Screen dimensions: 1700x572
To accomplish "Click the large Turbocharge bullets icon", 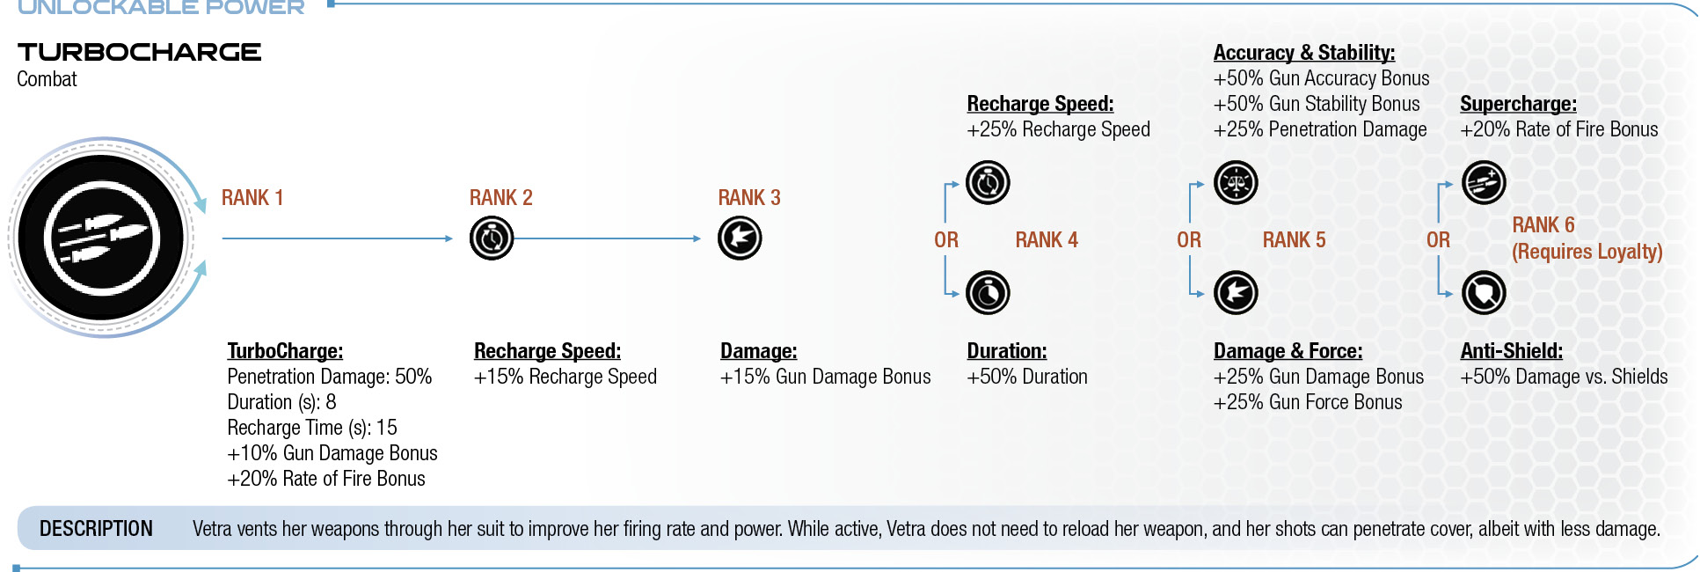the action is coord(101,238).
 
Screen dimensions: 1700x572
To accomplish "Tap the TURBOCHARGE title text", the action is coord(139,52).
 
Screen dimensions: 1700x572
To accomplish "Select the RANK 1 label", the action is coord(252,198).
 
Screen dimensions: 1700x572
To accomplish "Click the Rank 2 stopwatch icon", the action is coord(492,238).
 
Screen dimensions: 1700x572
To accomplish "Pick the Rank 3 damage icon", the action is coord(740,238).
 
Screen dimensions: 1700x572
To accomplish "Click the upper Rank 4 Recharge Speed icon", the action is coord(988,183).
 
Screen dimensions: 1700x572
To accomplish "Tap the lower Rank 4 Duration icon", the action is coord(988,293).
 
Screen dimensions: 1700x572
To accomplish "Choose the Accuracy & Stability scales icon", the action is coord(1236,183).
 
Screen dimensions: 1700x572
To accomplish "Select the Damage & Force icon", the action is coord(1236,293).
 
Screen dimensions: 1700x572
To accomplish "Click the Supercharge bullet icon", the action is coord(1484,183).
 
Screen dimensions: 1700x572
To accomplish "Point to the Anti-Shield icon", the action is coord(1484,293).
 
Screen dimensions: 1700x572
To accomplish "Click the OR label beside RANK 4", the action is coord(946,240).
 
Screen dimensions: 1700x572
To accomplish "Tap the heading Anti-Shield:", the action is coord(1512,351).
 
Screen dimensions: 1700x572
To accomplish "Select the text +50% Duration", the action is coord(1027,377).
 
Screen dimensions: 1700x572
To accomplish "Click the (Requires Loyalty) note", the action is coord(1587,252).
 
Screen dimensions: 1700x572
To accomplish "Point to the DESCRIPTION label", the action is coord(96,529).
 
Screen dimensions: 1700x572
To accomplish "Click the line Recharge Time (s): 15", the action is coord(312,428).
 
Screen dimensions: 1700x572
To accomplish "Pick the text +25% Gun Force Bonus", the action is coord(1308,402).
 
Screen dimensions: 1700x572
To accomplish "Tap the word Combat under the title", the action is coord(47,79).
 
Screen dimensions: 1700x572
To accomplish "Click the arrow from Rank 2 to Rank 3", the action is coord(608,238).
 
